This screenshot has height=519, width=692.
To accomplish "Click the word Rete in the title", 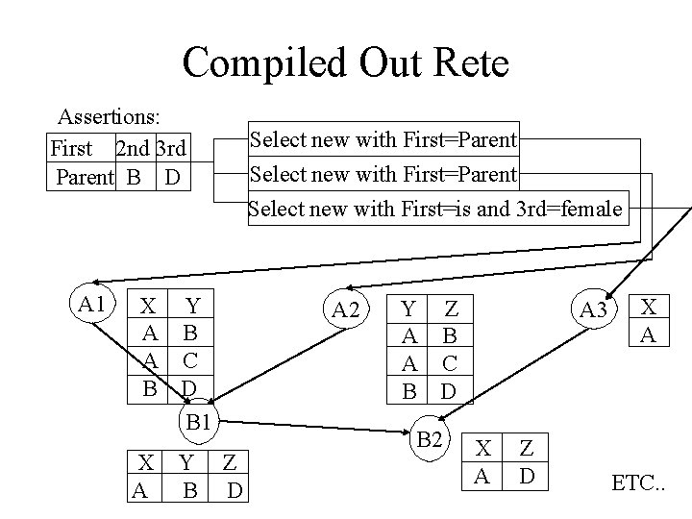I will point(464,63).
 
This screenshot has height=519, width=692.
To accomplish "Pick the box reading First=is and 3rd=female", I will point(437,208).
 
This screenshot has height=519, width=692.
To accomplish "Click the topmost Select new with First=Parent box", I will point(383,140).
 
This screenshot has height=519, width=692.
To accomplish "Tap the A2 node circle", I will point(345,309).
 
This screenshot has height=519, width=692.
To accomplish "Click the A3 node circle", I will point(592,309).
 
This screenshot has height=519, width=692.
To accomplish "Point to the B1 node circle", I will point(199,420).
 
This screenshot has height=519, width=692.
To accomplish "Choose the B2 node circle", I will point(432,440).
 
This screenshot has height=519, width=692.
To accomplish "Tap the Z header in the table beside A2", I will point(451,309).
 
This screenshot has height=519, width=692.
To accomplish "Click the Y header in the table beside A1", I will point(192,307).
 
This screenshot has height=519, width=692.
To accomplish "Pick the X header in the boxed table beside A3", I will point(650,307).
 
